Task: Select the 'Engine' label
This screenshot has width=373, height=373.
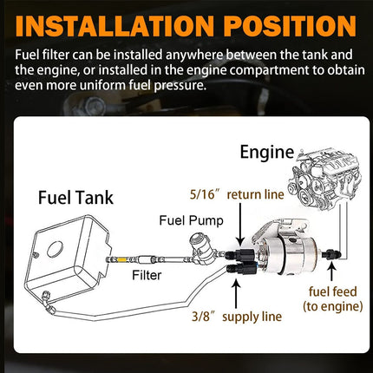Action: (265, 154)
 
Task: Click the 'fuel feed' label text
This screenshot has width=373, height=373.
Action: (330, 291)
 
